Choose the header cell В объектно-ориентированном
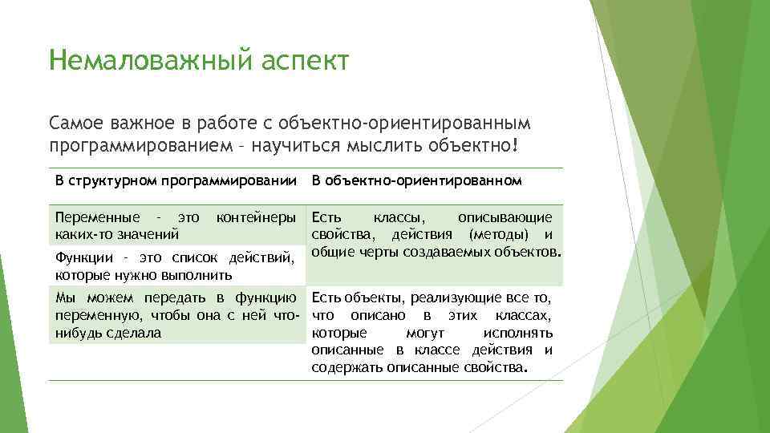[x=416, y=180]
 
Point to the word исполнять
[x=518, y=332]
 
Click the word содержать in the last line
[x=346, y=368]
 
